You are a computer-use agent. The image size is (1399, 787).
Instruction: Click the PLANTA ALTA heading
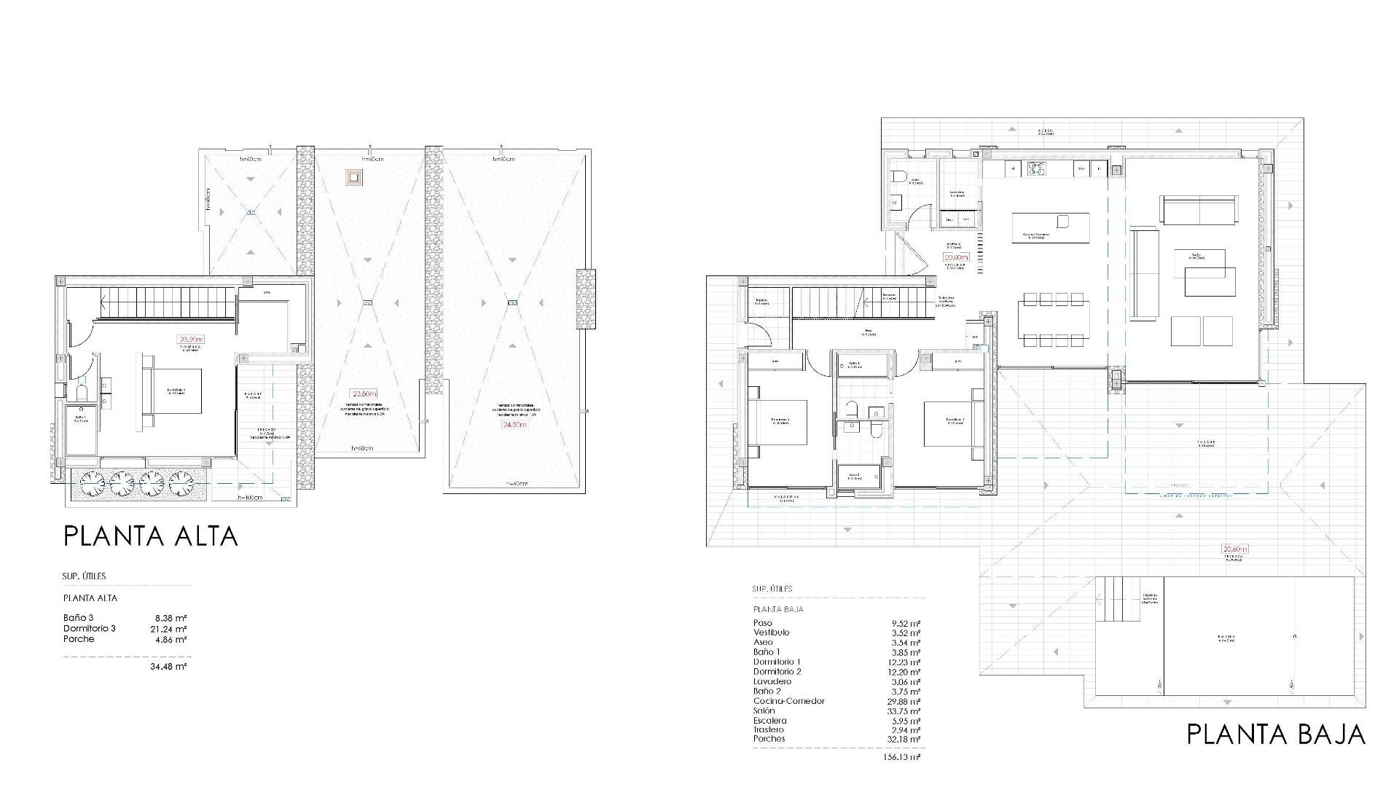click(151, 536)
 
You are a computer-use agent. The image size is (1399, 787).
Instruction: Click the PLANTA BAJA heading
click(1276, 735)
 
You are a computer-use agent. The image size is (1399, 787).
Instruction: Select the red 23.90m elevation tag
click(192, 339)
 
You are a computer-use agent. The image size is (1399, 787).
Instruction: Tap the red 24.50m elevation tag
click(514, 425)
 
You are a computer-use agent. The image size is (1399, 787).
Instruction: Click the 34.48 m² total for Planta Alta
click(168, 666)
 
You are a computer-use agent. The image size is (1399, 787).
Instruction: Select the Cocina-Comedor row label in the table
click(788, 701)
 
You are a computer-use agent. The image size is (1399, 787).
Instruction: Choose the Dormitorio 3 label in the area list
click(89, 628)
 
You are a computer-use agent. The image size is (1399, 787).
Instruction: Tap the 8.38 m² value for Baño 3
click(168, 618)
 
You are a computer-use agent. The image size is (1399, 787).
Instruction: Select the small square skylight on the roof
click(355, 177)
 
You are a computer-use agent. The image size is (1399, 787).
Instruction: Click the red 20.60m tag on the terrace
click(1235, 549)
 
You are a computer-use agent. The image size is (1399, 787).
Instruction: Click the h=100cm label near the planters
click(250, 498)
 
